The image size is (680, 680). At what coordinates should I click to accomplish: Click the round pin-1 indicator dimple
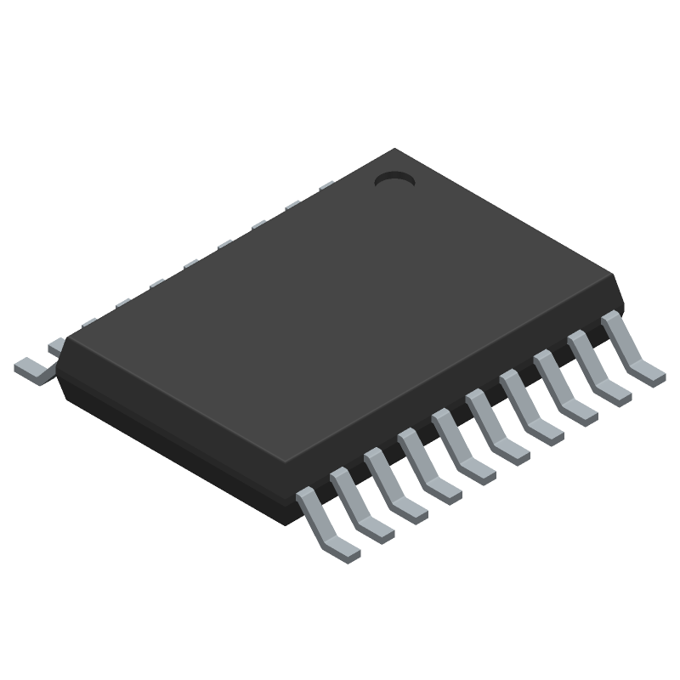pos(394,179)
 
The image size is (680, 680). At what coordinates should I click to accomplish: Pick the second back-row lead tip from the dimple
pos(293,204)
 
